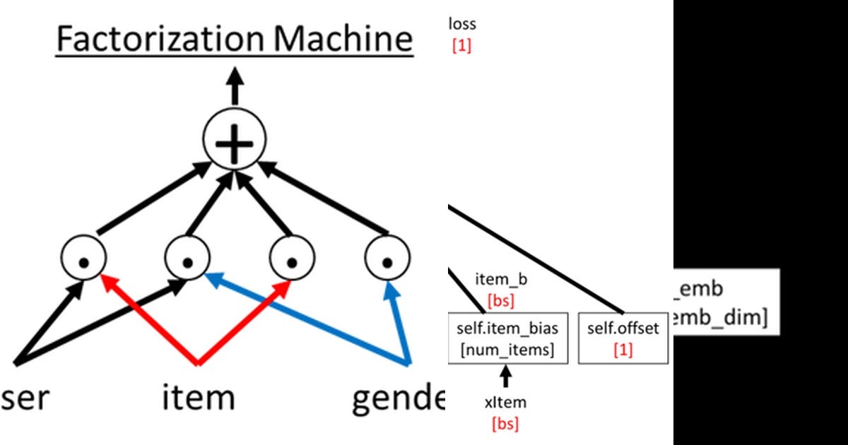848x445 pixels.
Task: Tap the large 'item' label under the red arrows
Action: pos(198,398)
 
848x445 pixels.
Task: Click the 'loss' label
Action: pos(462,24)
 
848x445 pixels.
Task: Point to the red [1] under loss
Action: pos(461,47)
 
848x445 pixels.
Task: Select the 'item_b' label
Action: pos(501,280)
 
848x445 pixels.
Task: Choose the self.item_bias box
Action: pos(508,339)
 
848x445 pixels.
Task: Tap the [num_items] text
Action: pos(508,350)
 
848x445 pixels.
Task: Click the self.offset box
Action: pos(623,339)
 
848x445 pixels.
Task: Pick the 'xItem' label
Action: pos(505,403)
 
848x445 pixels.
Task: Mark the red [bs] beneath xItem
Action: pos(505,424)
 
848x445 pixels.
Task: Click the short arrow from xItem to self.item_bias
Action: pos(506,377)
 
